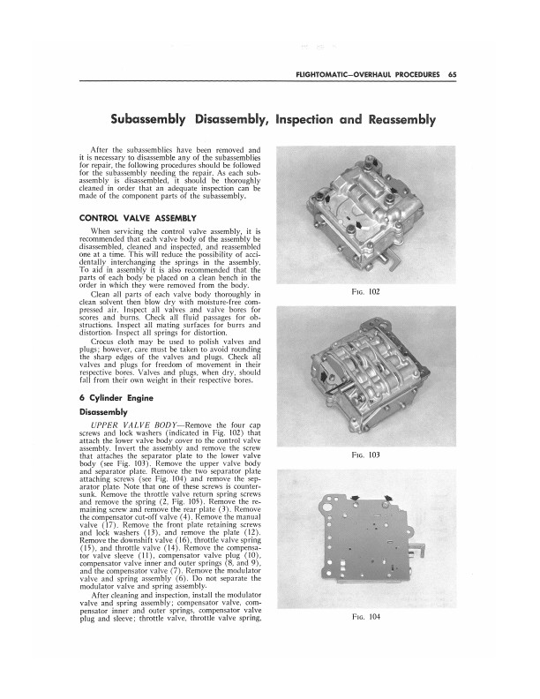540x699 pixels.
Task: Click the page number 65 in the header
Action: coord(451,74)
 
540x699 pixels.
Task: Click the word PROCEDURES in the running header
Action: coord(413,74)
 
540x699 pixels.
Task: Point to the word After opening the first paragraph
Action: coord(101,151)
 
